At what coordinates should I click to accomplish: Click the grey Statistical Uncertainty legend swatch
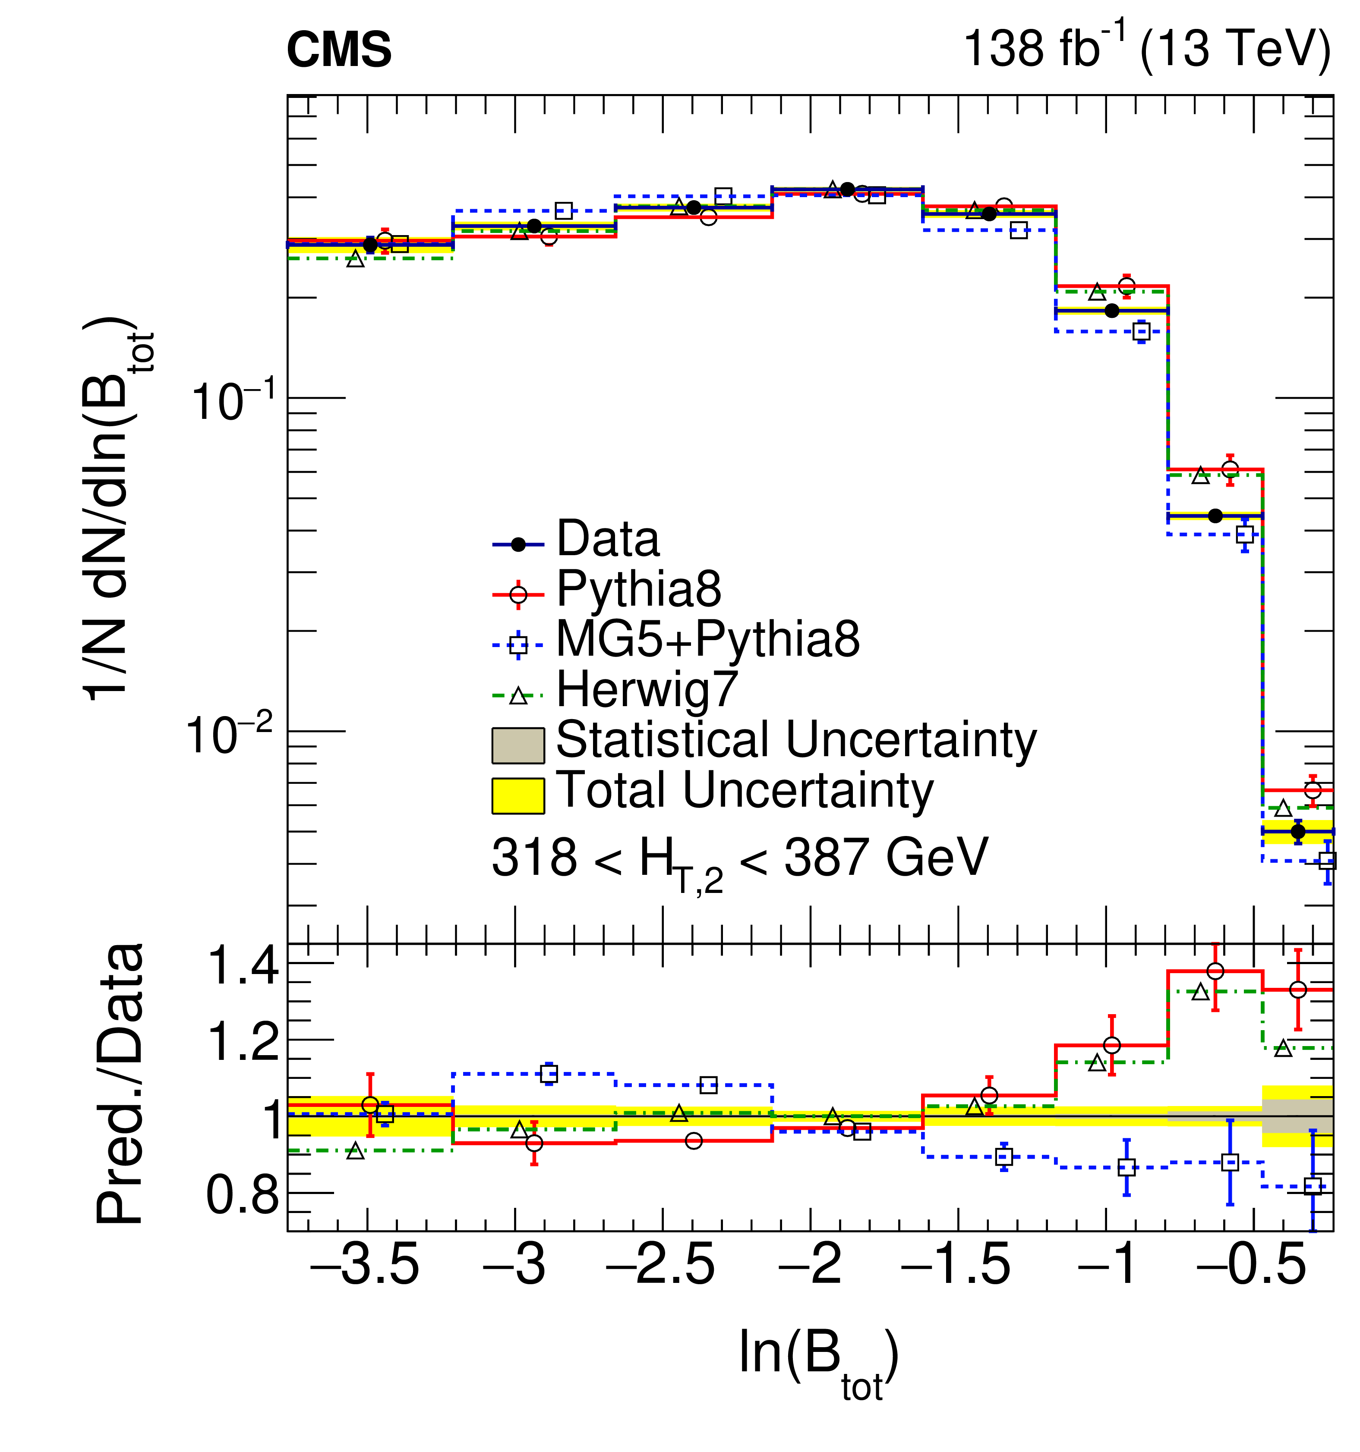517,745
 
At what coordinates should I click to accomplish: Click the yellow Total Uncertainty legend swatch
517,795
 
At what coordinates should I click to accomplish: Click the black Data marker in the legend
518,544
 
